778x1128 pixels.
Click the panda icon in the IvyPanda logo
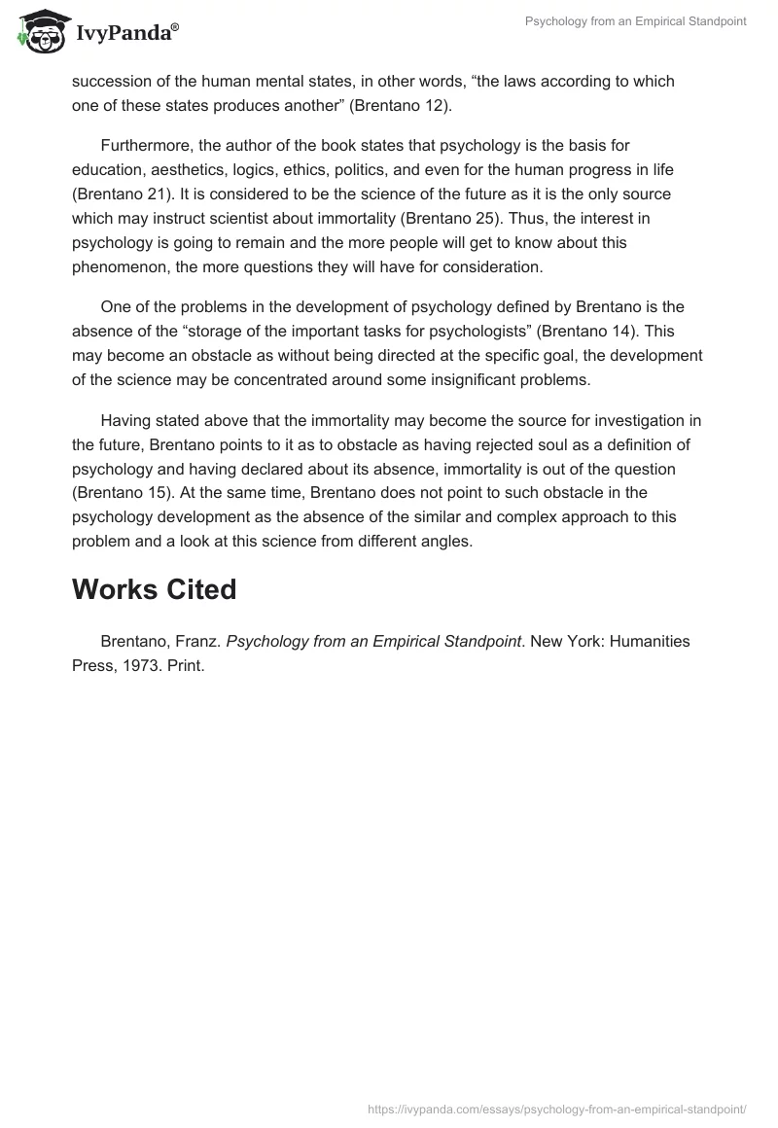point(38,33)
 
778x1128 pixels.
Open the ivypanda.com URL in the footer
point(557,1108)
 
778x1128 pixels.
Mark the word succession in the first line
point(112,81)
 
